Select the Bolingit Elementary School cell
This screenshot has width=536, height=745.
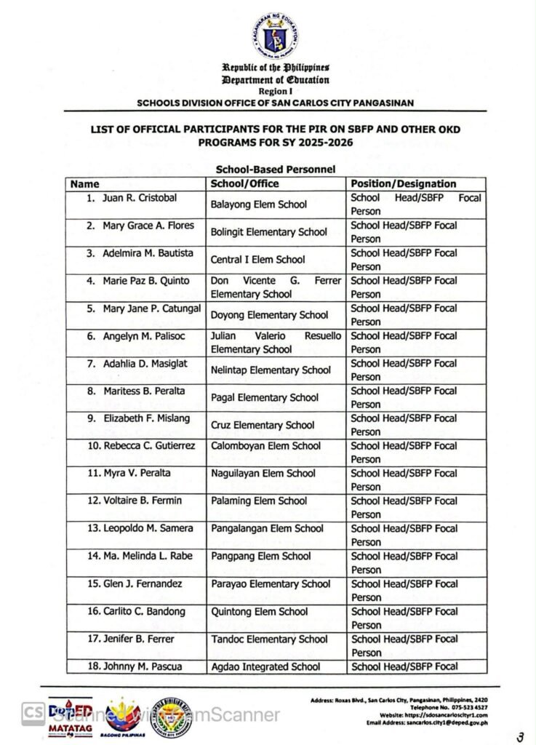(x=268, y=233)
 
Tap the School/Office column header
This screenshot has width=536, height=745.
(x=244, y=184)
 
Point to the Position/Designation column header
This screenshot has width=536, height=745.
(x=404, y=184)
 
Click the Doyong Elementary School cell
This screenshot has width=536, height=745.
(x=269, y=315)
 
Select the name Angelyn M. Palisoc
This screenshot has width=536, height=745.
(x=138, y=336)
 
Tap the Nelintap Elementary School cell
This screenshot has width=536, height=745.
(x=270, y=370)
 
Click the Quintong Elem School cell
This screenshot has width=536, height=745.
(x=260, y=612)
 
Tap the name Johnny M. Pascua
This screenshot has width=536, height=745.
(x=136, y=666)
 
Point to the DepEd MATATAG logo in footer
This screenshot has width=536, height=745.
(x=71, y=717)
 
